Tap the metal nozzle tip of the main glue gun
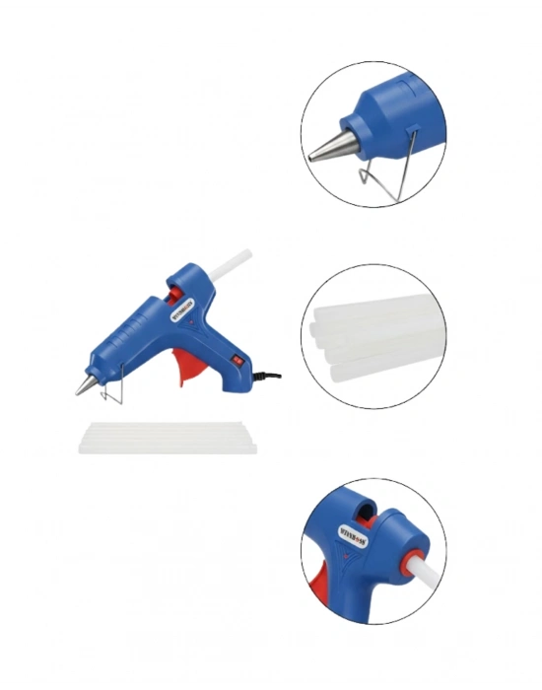83,386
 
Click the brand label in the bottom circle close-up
352,539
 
